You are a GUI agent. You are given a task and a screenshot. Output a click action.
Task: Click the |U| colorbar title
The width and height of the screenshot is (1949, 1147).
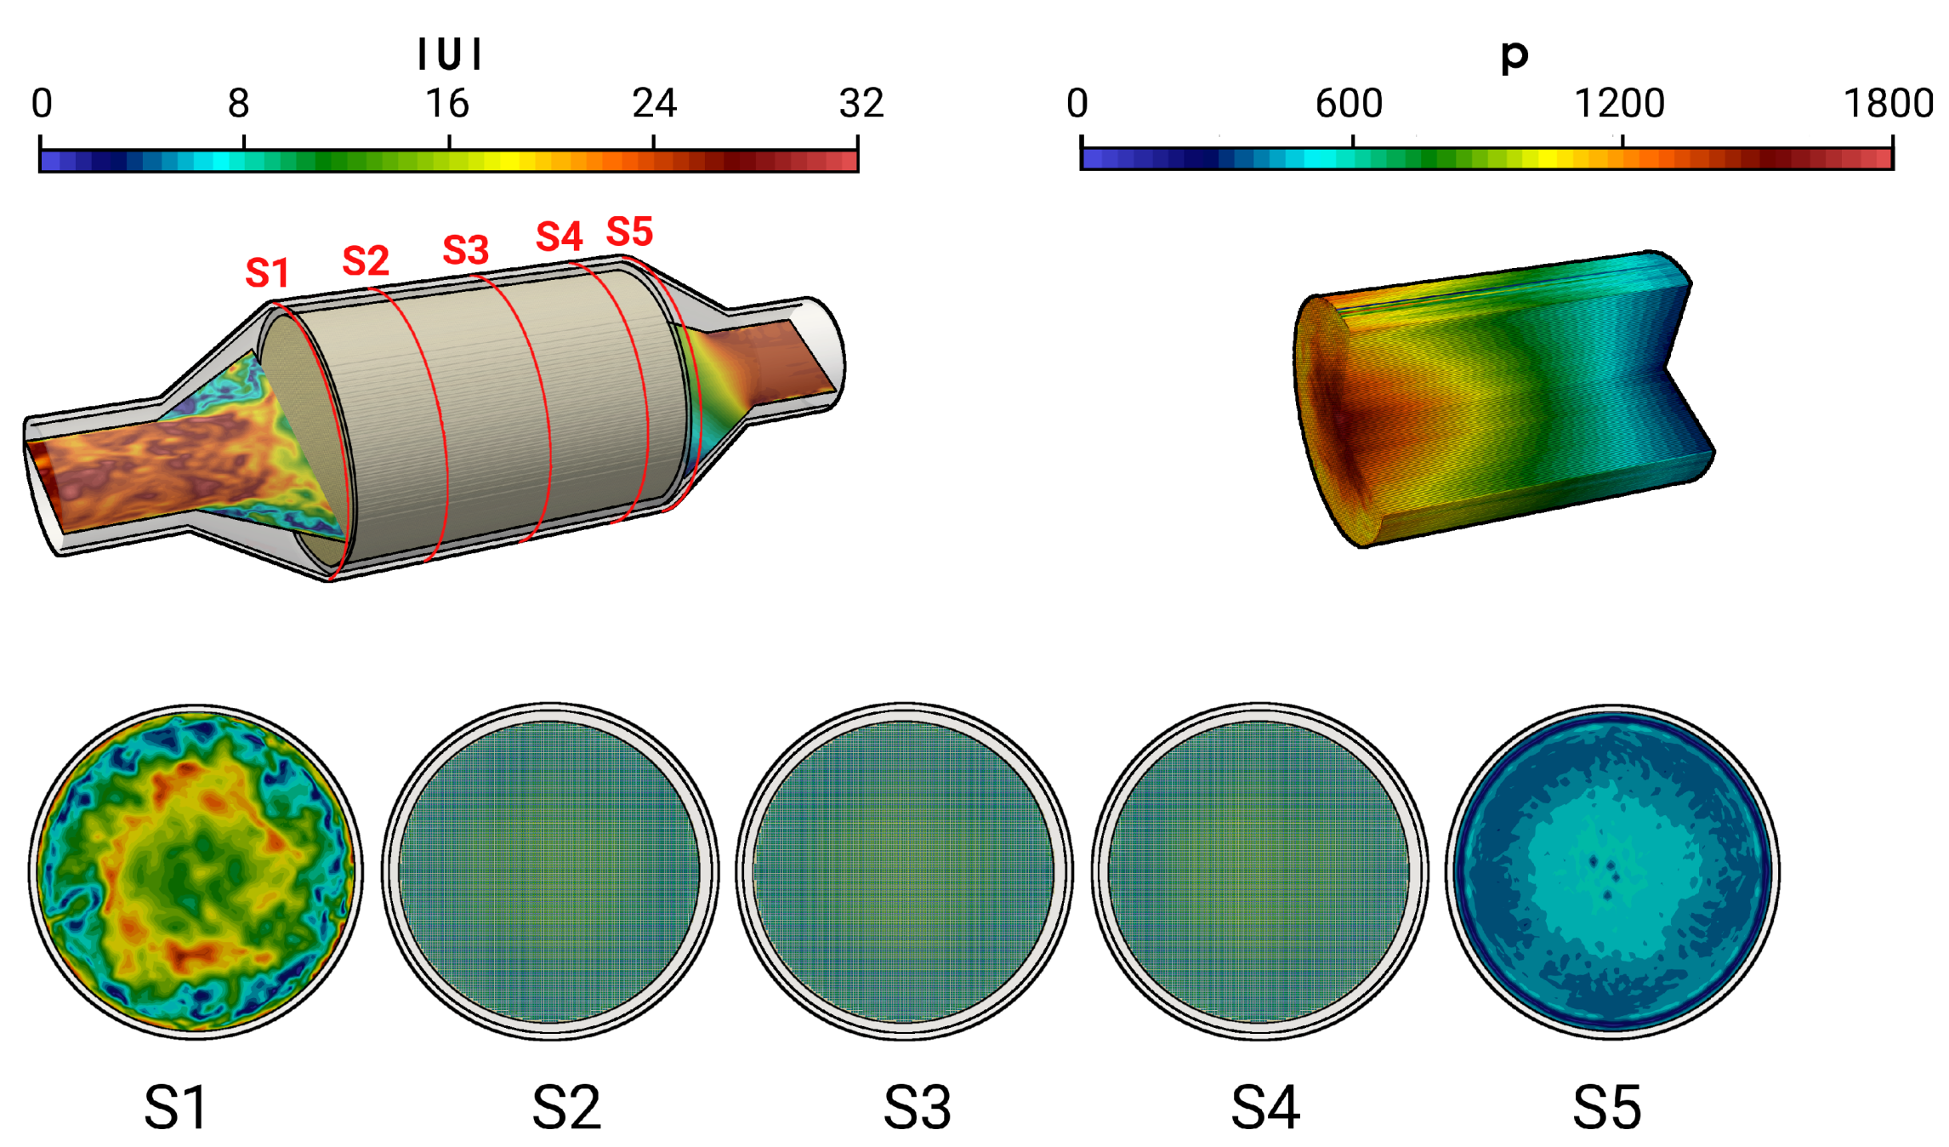coord(450,54)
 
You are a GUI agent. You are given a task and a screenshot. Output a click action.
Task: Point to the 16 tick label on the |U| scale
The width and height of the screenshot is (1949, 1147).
coord(447,104)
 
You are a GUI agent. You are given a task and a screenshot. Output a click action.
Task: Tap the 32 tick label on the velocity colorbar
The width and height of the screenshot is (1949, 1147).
coord(861,104)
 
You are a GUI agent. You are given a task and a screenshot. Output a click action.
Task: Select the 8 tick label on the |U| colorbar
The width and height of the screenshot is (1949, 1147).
coord(239,104)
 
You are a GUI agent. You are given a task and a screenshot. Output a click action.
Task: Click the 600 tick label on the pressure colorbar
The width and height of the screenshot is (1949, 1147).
coord(1350,104)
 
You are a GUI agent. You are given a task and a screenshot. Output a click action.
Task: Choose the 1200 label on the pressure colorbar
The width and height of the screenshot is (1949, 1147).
coord(1620,104)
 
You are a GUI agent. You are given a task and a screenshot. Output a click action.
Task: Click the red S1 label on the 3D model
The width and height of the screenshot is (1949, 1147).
coord(267,273)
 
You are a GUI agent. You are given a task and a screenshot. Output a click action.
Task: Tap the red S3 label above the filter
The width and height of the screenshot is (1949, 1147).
coord(466,250)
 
